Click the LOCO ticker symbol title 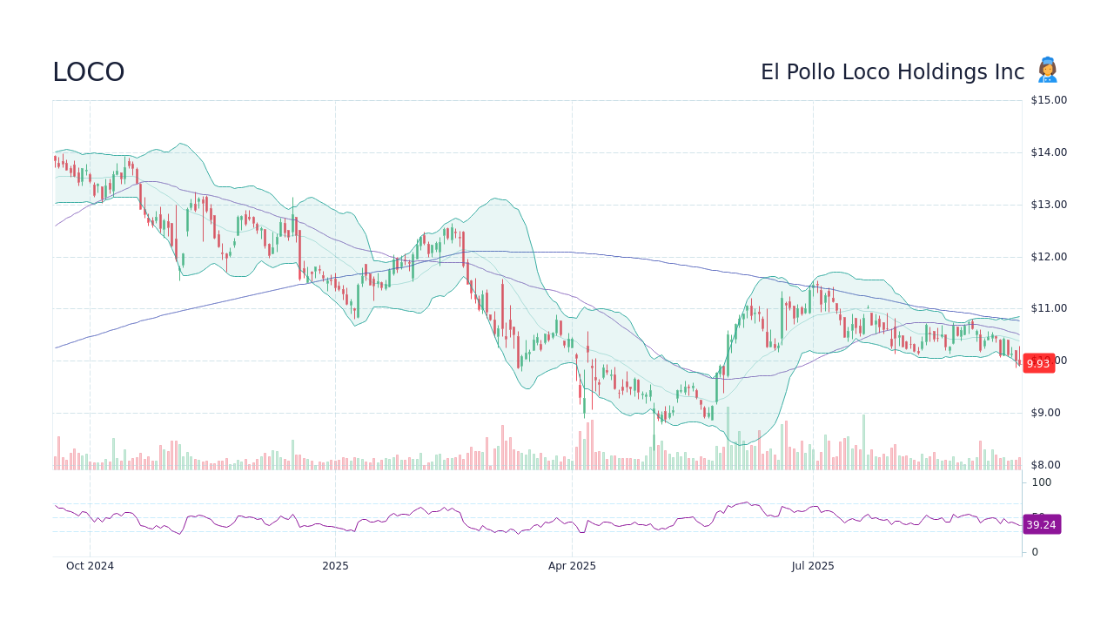click(88, 72)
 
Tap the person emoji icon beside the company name click(1047, 71)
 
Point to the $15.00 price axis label click(1049, 100)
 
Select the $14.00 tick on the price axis click(1049, 152)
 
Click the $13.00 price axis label click(1049, 205)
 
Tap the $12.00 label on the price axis click(1049, 257)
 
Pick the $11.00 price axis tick click(1049, 308)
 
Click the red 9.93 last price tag click(1038, 364)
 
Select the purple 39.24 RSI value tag click(1041, 525)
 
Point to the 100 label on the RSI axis click(1042, 482)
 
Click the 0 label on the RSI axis click(1035, 552)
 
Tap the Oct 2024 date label click(90, 566)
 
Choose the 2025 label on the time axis click(335, 566)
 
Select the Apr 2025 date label click(572, 566)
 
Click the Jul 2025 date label click(813, 566)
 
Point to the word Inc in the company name click(1009, 72)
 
